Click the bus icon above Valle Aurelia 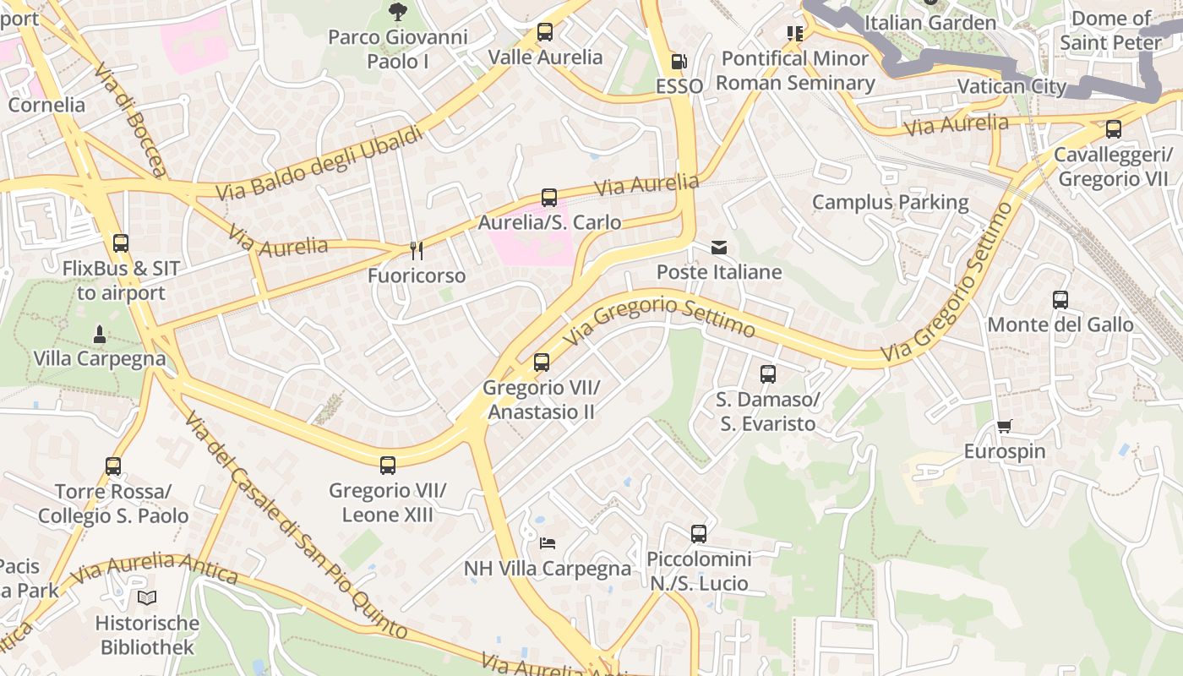pyautogui.click(x=545, y=33)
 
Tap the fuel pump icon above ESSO pyautogui.click(x=679, y=62)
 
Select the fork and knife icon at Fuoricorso pyautogui.click(x=416, y=250)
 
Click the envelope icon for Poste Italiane pyautogui.click(x=719, y=248)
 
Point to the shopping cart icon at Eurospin pyautogui.click(x=1004, y=427)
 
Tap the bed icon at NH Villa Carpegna pyautogui.click(x=548, y=542)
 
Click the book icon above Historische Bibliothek pyautogui.click(x=147, y=598)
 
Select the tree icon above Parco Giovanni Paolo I pyautogui.click(x=397, y=12)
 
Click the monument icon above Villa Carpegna pyautogui.click(x=99, y=334)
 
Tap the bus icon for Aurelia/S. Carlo pyautogui.click(x=549, y=198)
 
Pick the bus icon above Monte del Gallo pyautogui.click(x=1060, y=300)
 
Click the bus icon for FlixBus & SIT pyautogui.click(x=121, y=243)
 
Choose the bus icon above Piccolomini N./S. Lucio pyautogui.click(x=699, y=534)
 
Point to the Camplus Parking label pyautogui.click(x=890, y=202)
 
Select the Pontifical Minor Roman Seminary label pyautogui.click(x=795, y=71)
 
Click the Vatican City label pyautogui.click(x=1012, y=86)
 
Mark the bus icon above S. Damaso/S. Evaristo pyautogui.click(x=768, y=373)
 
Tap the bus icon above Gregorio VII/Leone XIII pyautogui.click(x=388, y=466)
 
